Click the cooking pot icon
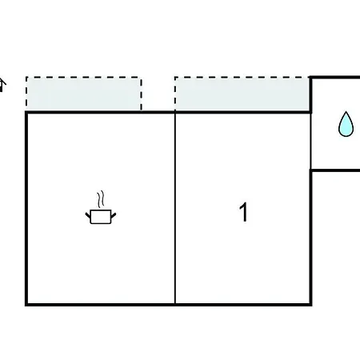click(101, 217)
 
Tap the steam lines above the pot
click(101, 199)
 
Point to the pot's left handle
click(88, 215)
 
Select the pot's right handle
click(114, 215)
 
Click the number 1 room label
click(243, 212)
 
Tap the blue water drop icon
click(346, 124)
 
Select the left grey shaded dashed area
click(84, 94)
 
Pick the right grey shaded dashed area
click(242, 94)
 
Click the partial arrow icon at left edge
click(2, 85)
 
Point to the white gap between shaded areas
click(158, 94)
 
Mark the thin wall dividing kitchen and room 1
click(175, 209)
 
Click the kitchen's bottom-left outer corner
click(26, 305)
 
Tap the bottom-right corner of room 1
click(310, 304)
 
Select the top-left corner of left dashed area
click(26, 78)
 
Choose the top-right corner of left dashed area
click(141, 78)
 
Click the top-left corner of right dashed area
click(175, 78)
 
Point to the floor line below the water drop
click(335, 170)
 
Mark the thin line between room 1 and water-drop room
click(311, 141)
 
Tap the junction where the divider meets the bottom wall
click(175, 304)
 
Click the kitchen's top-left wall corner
click(26, 113)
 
